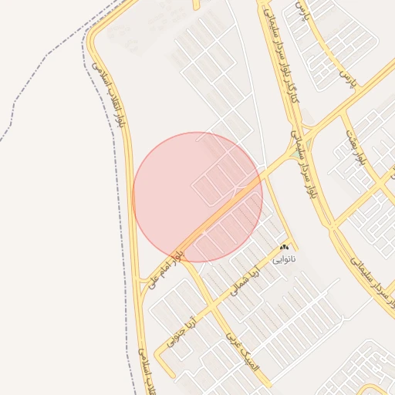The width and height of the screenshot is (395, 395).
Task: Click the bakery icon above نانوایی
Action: coord(284,247)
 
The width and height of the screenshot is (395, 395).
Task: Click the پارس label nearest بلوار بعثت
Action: coord(346,78)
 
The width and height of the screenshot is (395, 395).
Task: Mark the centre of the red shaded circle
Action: coord(197,197)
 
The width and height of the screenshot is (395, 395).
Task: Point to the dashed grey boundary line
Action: coord(46,85)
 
